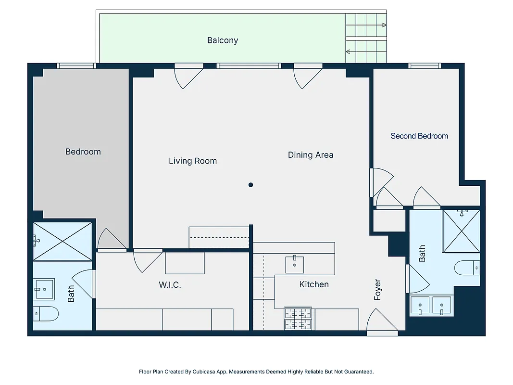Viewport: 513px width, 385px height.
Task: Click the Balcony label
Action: point(222,40)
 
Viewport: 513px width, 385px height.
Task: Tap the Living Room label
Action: point(192,161)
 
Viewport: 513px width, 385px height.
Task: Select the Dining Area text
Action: point(310,155)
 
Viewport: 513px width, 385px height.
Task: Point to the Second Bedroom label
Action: point(419,136)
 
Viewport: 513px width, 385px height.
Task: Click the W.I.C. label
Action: point(170,285)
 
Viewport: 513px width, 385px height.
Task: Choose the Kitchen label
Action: point(314,284)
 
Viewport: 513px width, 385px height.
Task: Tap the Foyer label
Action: point(377,290)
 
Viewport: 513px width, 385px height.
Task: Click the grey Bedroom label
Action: point(83,152)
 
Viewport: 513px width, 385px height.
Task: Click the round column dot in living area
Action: point(250,185)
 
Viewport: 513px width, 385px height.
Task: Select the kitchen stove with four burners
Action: point(298,319)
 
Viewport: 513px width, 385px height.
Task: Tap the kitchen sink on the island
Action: point(294,264)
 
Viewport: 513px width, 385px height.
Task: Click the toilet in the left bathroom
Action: point(46,314)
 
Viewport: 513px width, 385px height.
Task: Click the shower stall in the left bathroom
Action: point(62,241)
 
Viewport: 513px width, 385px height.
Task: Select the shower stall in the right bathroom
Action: point(461,231)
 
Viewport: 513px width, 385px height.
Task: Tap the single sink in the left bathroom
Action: point(44,289)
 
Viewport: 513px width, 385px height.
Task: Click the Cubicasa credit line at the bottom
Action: point(256,372)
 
